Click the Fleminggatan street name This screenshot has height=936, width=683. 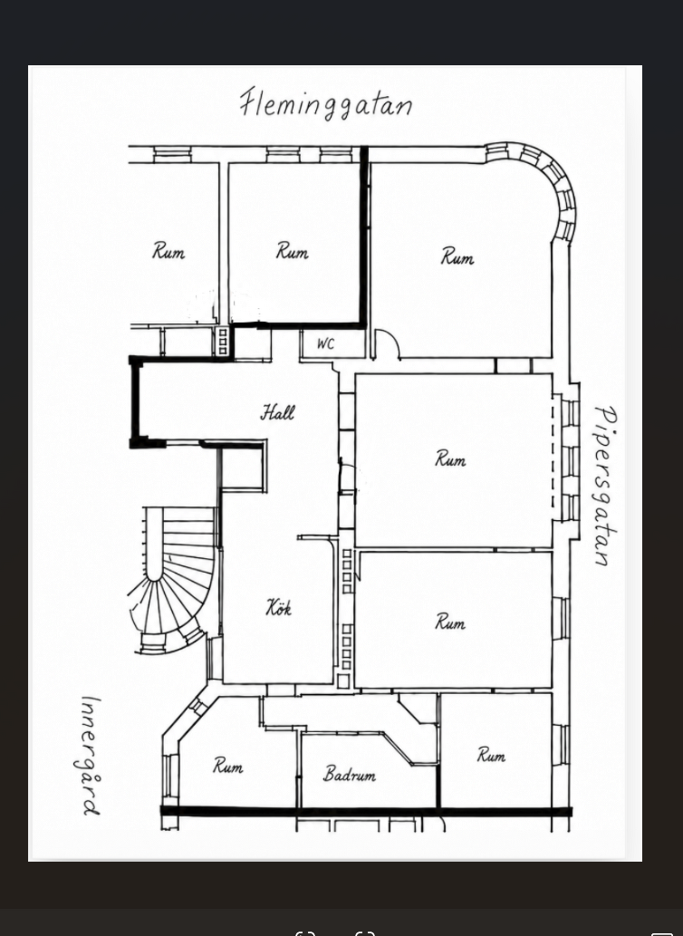(x=326, y=104)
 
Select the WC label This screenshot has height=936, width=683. (x=326, y=343)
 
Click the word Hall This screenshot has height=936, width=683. (x=277, y=412)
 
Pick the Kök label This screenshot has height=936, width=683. (x=279, y=608)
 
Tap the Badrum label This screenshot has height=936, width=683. (x=350, y=774)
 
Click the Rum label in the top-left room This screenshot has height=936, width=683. (x=168, y=251)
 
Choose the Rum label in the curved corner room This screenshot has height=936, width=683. (x=457, y=256)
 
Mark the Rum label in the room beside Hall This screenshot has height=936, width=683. (x=450, y=459)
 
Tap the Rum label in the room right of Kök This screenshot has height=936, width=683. (x=450, y=622)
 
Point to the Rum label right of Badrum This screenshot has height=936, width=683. (x=491, y=755)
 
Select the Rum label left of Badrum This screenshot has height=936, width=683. (x=228, y=766)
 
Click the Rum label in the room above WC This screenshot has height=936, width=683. (x=293, y=251)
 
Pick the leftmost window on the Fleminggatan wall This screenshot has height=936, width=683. (x=172, y=155)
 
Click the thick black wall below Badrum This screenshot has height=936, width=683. (x=366, y=812)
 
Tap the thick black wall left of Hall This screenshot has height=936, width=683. (x=135, y=401)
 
